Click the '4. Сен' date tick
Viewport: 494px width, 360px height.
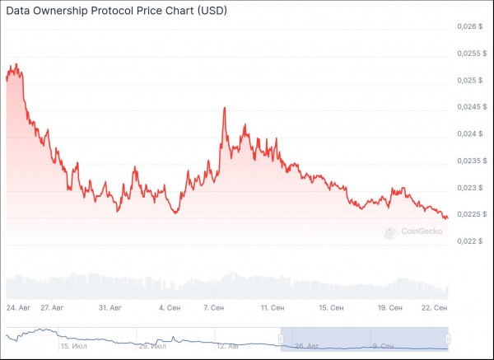pyautogui.click(x=169, y=307)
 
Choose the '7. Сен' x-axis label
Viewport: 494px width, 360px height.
pyautogui.click(x=217, y=307)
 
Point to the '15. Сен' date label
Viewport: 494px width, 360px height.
pyautogui.click(x=332, y=307)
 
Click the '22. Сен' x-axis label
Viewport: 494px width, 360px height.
pyautogui.click(x=434, y=307)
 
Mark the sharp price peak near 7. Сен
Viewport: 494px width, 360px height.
pyautogui.click(x=225, y=108)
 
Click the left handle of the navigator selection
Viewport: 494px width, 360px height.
pyautogui.click(x=281, y=338)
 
